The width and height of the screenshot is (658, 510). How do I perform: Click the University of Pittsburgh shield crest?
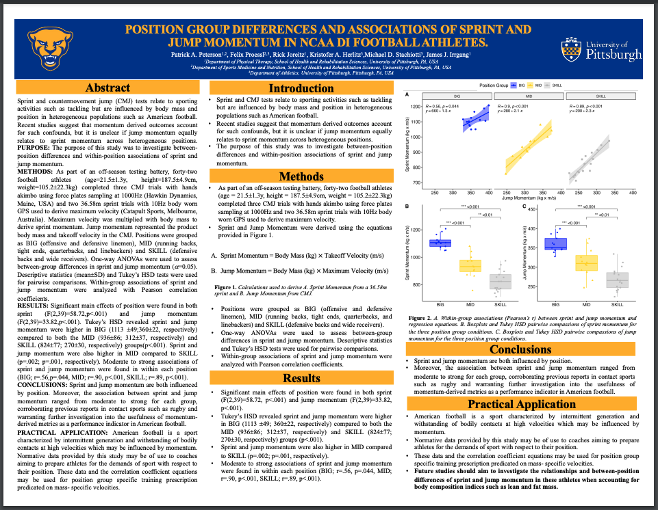570,49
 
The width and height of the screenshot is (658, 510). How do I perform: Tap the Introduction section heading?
301,88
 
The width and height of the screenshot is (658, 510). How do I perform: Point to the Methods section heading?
301,176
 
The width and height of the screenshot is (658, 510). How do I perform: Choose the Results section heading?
301,377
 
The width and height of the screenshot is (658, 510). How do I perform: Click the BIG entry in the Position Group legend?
522,85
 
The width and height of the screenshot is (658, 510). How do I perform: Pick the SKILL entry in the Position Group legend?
574,85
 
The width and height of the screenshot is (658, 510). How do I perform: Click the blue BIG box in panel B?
440,243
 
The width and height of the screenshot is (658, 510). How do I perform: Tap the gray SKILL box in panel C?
617,279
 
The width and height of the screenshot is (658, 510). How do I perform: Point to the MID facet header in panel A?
528,96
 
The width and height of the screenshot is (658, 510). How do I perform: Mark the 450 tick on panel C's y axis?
530,209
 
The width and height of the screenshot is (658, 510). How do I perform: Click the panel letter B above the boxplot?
408,206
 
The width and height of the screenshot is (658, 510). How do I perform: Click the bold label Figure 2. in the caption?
419,319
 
